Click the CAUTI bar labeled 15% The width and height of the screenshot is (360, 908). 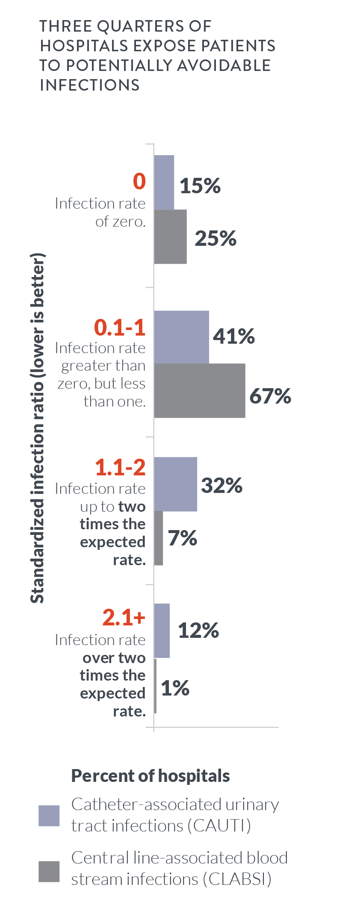(164, 183)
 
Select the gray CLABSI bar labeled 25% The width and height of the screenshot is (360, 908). (170, 236)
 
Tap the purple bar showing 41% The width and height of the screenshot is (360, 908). (181, 337)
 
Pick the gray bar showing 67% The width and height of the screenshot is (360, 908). (199, 390)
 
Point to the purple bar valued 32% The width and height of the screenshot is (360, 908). (175, 484)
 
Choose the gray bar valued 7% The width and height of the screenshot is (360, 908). (159, 538)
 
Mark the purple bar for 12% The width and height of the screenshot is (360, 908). (162, 631)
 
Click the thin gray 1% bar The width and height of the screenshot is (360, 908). (155, 686)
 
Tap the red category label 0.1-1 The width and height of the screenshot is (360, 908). (120, 327)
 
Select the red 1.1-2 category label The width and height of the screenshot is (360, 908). (120, 467)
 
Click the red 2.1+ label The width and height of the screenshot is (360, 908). (124, 617)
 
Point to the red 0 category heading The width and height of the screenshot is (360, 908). (139, 181)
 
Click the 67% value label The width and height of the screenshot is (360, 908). (270, 396)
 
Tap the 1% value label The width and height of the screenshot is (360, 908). (175, 688)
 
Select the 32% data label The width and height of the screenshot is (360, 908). (221, 485)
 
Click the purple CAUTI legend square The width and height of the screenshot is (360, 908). (49, 816)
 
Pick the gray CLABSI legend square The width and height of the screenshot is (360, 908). (49, 871)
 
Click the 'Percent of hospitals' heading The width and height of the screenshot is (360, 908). (150, 775)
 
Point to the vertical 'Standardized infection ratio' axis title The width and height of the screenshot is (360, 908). (38, 427)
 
